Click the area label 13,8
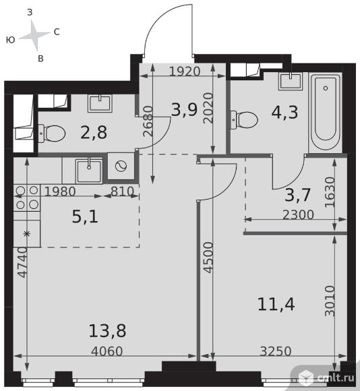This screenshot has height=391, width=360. [107, 330]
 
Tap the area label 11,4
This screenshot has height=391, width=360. [276, 304]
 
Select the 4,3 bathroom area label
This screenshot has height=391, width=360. [284, 112]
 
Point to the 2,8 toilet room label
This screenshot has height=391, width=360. [94, 132]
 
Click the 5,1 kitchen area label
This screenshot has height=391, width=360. [85, 216]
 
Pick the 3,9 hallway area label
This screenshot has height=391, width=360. [184, 110]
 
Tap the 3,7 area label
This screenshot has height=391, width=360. [297, 195]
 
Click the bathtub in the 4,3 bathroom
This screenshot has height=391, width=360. [326, 113]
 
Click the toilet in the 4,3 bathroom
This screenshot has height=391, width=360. [244, 120]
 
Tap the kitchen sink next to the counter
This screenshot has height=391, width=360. [88, 171]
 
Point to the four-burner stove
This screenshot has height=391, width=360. [27, 198]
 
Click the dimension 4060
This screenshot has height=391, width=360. [107, 351]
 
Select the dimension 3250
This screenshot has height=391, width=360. [276, 351]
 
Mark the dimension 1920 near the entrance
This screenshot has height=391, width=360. [185, 71]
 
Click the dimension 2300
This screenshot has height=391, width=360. [298, 214]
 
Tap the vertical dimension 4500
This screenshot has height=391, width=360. [208, 258]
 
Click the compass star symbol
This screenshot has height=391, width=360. [34, 35]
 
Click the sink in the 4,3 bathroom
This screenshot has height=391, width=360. [291, 82]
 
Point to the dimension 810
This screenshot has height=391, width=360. [122, 191]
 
